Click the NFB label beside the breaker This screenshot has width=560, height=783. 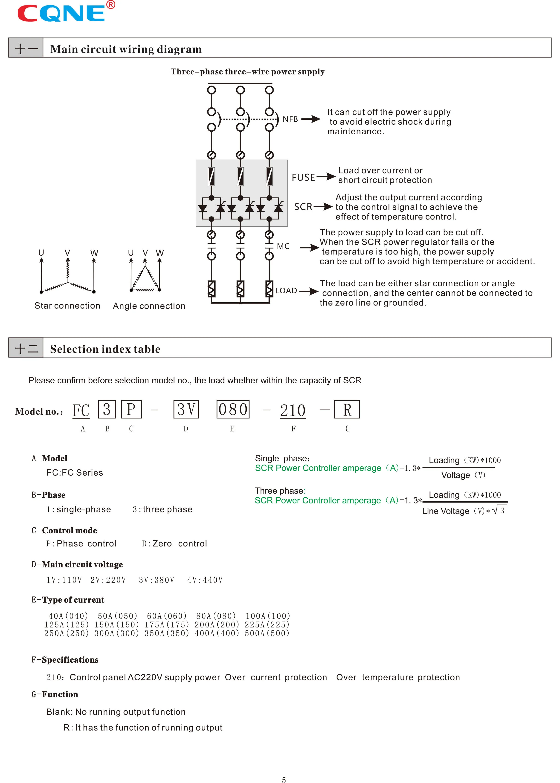(x=290, y=119)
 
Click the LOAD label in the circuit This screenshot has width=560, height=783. (x=286, y=291)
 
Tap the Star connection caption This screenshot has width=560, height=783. (x=67, y=306)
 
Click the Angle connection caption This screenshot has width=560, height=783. (x=149, y=306)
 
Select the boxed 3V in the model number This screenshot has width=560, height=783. (x=186, y=409)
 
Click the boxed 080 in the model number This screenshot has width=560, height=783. (x=233, y=409)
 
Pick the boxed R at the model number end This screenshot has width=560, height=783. (x=347, y=409)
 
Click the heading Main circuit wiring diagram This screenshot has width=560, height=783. (x=126, y=49)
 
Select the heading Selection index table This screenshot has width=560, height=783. (x=105, y=349)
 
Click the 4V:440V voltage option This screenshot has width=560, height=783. (x=205, y=580)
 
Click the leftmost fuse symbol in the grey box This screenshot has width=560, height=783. (x=211, y=176)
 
